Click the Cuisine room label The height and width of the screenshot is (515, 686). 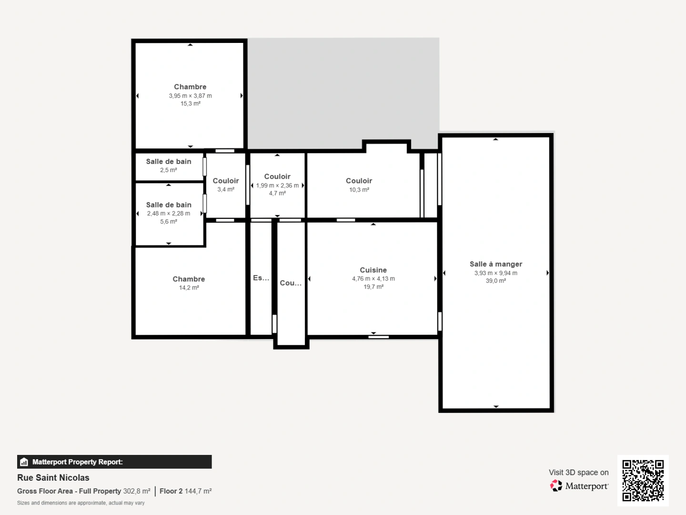(x=373, y=270)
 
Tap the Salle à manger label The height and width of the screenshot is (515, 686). (x=495, y=264)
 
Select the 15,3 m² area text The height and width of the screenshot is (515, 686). (x=190, y=103)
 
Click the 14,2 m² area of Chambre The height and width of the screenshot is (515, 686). (x=189, y=288)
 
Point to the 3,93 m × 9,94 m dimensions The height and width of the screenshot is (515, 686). (x=495, y=273)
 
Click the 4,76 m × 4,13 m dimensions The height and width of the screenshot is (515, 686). (x=373, y=278)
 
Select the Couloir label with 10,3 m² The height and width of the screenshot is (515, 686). (x=359, y=181)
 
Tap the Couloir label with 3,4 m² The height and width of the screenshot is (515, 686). (x=225, y=181)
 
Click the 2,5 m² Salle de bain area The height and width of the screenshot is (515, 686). (x=169, y=170)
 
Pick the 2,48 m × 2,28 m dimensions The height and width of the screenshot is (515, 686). (x=169, y=213)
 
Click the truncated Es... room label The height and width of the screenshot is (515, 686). (x=261, y=278)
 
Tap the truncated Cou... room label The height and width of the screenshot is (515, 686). (x=290, y=283)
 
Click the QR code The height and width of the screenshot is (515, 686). (x=643, y=480)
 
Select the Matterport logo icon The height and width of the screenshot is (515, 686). (x=556, y=485)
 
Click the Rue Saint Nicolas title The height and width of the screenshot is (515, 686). (x=53, y=477)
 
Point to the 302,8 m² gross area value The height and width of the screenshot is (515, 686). (x=137, y=491)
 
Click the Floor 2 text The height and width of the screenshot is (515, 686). (x=171, y=491)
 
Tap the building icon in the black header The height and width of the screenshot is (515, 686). (x=24, y=462)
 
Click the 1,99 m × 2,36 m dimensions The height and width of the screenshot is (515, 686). (x=277, y=185)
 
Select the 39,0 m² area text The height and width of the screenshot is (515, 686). (x=495, y=281)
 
